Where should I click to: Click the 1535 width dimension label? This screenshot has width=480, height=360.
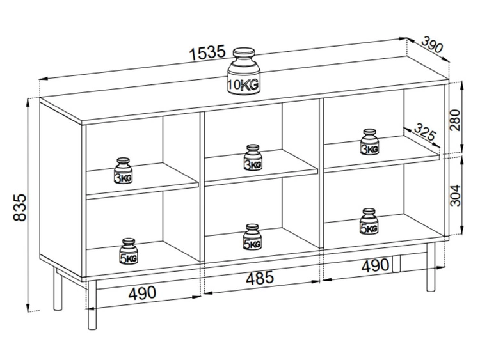(x=207, y=52)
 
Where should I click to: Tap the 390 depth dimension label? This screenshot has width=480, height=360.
(x=432, y=44)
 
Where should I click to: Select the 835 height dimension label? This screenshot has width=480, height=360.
(x=20, y=207)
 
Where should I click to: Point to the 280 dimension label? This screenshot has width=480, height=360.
(x=455, y=120)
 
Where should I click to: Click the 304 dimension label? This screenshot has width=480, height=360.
(x=455, y=195)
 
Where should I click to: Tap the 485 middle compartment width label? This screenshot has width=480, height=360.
(x=260, y=278)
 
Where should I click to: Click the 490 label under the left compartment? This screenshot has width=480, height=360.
(x=142, y=293)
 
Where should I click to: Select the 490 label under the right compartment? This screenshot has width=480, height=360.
(x=375, y=265)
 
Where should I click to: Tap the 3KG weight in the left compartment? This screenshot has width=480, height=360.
(x=124, y=171)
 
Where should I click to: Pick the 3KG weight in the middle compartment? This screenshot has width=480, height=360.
(x=253, y=157)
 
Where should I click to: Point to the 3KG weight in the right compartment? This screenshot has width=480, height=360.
(x=369, y=141)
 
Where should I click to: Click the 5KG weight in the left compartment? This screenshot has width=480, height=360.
(x=129, y=251)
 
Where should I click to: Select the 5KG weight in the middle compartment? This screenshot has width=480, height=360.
(x=252, y=237)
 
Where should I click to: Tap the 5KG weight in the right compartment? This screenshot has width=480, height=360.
(x=369, y=221)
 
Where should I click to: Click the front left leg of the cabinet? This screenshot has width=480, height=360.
(x=92, y=305)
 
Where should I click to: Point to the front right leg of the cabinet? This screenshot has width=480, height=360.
(x=431, y=267)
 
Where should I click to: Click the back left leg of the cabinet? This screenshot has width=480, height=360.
(x=58, y=289)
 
